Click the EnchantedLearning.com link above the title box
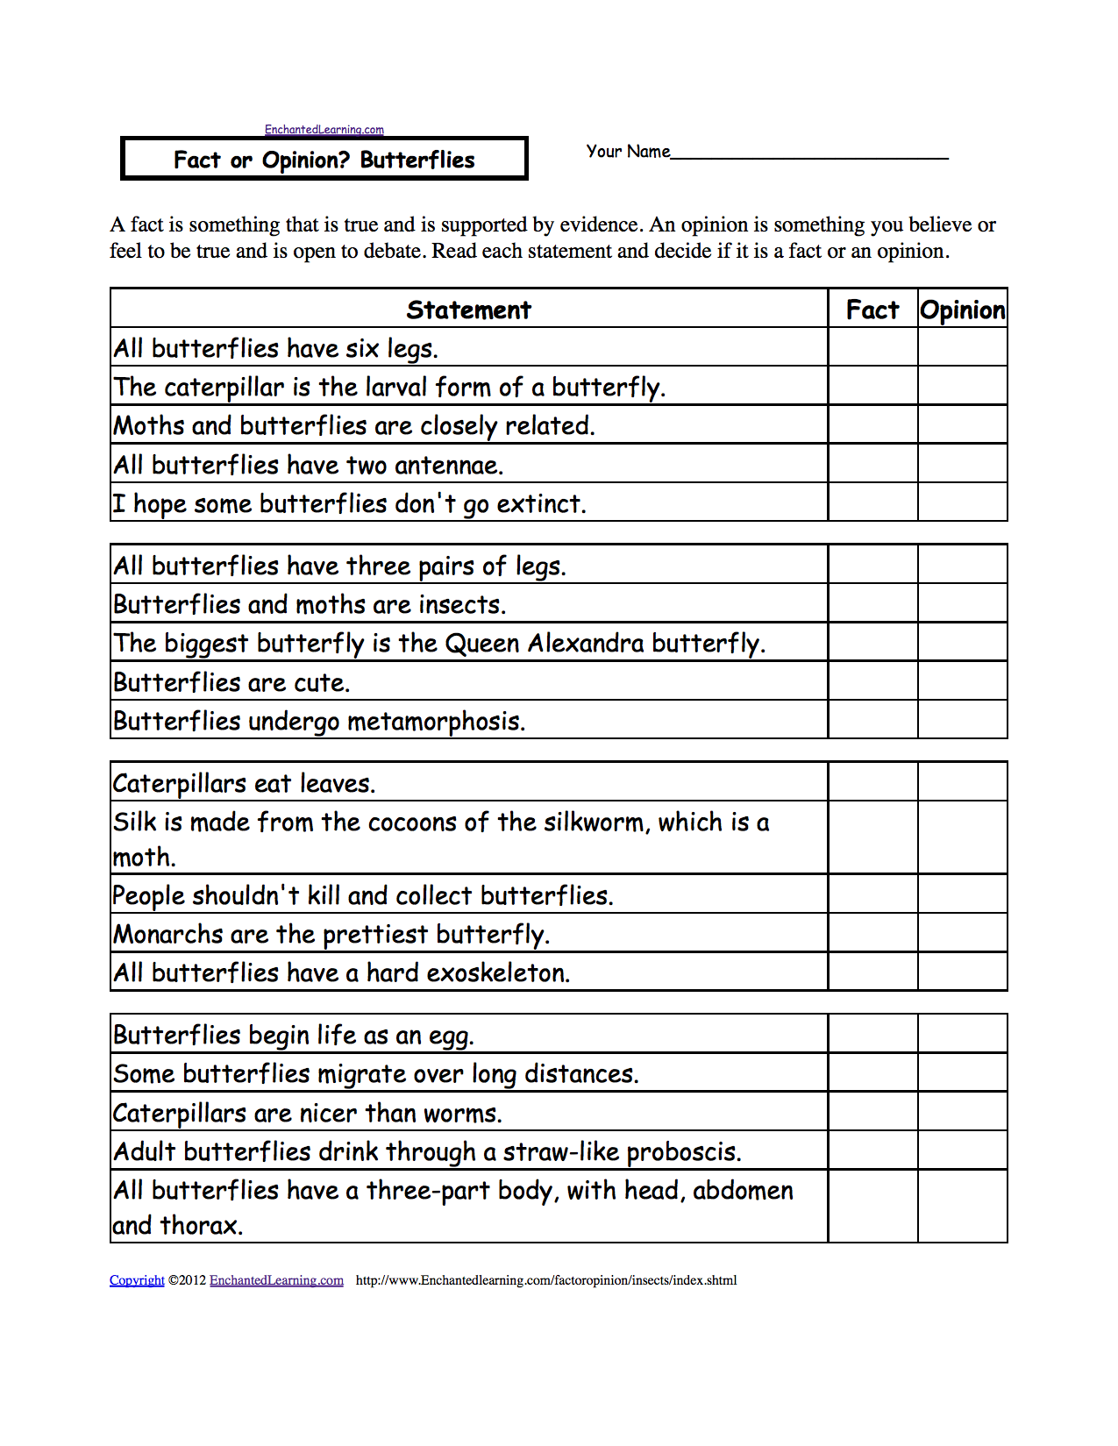(x=324, y=130)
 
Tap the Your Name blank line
(x=809, y=154)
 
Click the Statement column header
(x=469, y=310)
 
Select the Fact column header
(x=872, y=310)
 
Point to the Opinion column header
(x=963, y=310)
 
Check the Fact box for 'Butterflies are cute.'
(x=872, y=681)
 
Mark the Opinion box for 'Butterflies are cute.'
(x=963, y=681)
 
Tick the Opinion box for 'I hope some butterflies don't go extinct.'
(x=963, y=502)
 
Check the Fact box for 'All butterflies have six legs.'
(x=872, y=348)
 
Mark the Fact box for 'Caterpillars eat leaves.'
(x=872, y=782)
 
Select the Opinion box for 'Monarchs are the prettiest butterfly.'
(x=963, y=933)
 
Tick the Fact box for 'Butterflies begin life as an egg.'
(x=872, y=1035)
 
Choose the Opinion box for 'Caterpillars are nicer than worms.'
(x=963, y=1112)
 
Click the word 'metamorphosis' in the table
(x=436, y=722)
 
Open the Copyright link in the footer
(x=137, y=1280)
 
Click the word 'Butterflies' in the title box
(x=417, y=160)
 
